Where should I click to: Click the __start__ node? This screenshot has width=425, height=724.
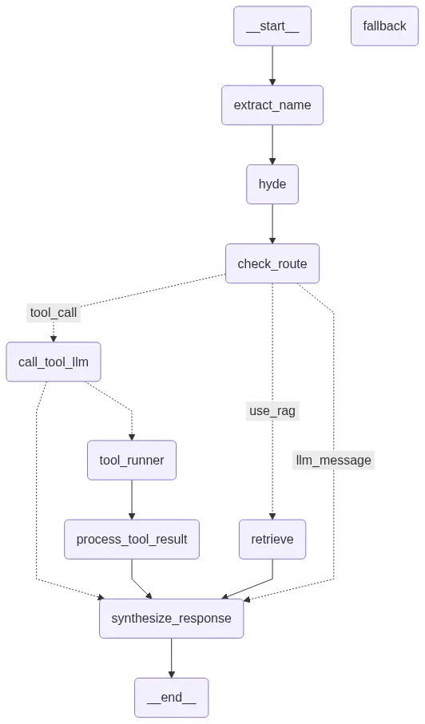[x=272, y=26]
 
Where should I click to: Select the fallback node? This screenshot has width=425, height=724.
[x=384, y=26]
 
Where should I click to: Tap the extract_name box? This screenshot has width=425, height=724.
[x=272, y=105]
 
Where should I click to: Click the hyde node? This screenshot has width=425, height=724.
[x=272, y=184]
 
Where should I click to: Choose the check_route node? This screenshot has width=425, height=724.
[x=272, y=263]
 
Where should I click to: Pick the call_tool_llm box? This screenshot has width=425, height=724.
[x=54, y=362]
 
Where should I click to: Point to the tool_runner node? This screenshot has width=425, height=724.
[x=132, y=461]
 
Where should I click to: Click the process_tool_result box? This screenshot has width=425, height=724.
[x=132, y=540]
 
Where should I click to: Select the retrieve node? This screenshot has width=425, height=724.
[x=272, y=540]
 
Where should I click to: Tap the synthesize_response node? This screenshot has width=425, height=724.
[x=172, y=619]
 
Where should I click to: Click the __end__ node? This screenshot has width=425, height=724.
[x=172, y=698]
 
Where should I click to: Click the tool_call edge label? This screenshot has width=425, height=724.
[x=54, y=313]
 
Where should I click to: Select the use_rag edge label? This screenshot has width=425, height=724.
[x=272, y=411]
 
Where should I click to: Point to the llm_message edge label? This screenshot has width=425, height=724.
[x=333, y=461]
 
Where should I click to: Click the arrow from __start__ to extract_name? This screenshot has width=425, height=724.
[x=272, y=65]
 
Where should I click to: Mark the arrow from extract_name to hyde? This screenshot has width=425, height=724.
[x=272, y=144]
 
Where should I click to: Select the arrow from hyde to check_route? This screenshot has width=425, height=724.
[x=272, y=224]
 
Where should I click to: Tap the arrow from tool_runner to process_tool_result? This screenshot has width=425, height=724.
[x=132, y=500]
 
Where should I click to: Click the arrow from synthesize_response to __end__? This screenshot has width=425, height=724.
[x=172, y=658]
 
